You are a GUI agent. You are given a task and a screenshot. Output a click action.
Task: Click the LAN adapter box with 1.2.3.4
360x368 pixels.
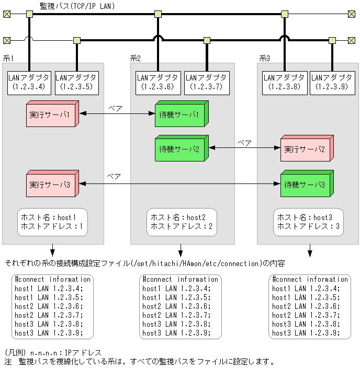[29, 82]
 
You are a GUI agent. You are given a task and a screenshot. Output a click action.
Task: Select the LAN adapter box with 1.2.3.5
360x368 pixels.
[76, 82]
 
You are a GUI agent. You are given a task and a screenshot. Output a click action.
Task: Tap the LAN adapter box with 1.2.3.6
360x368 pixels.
[157, 82]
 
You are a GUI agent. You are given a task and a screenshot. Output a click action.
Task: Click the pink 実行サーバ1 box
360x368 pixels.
[51, 115]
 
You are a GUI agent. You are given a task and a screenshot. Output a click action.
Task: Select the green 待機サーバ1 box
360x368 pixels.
[180, 115]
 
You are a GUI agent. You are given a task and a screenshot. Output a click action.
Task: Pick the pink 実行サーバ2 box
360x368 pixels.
[306, 149]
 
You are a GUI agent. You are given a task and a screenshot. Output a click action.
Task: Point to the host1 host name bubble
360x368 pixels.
[52, 222]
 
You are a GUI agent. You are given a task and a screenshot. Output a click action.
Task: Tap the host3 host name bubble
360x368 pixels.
[309, 222]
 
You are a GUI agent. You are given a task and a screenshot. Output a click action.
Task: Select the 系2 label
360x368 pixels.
[134, 58]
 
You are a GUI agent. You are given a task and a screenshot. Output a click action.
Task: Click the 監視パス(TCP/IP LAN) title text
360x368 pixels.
[77, 6]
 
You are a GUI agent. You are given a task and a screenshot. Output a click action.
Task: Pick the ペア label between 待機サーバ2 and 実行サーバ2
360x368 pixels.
[244, 142]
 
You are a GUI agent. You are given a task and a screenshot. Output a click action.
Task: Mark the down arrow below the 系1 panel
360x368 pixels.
[52, 250]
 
